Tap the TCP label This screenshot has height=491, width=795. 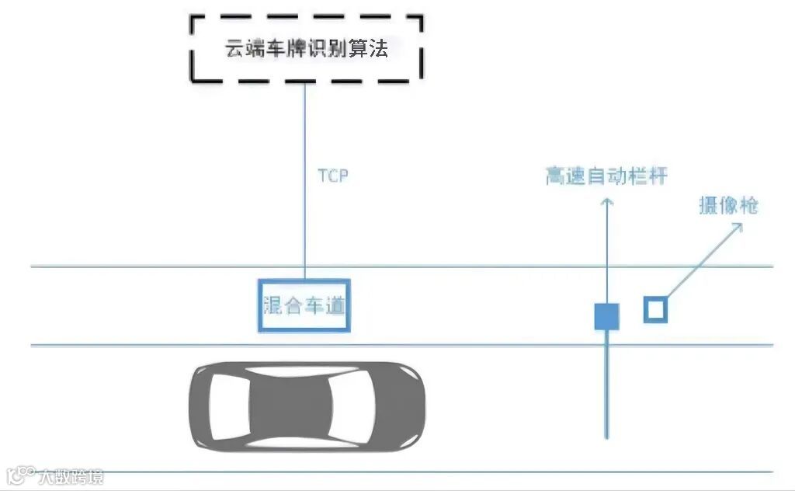click(x=333, y=176)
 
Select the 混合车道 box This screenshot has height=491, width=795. click(x=304, y=305)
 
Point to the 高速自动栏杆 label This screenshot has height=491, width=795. click(x=606, y=176)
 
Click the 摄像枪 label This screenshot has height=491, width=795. click(x=728, y=206)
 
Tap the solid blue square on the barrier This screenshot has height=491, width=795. click(x=606, y=316)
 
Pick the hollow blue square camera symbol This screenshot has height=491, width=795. click(x=655, y=310)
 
